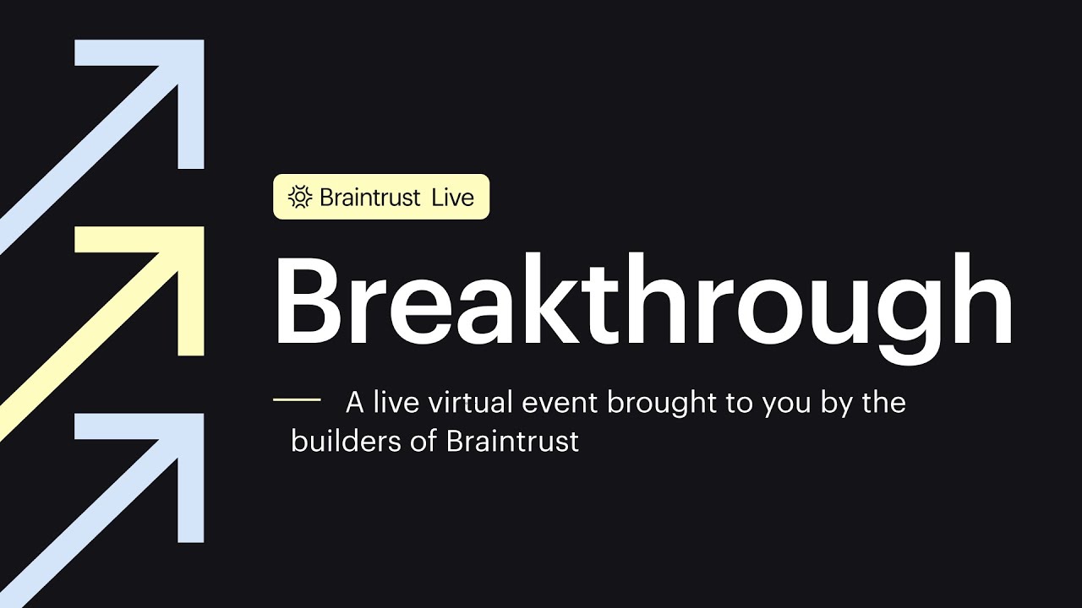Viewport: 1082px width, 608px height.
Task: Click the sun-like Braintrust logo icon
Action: (x=300, y=197)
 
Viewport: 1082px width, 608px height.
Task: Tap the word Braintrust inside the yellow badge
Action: (x=370, y=198)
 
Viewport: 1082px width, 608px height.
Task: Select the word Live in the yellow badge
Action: (x=453, y=198)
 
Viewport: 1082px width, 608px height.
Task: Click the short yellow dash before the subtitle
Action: (x=297, y=399)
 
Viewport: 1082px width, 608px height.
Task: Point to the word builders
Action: (x=346, y=441)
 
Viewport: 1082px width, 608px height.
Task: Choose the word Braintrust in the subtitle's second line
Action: (x=512, y=441)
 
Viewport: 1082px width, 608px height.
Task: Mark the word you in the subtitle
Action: (x=786, y=406)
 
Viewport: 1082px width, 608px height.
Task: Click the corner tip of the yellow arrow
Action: (x=204, y=227)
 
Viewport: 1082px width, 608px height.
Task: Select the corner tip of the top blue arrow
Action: (x=204, y=40)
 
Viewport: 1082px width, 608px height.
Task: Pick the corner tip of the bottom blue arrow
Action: (x=204, y=414)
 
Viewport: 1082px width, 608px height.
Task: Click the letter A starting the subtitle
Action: (x=354, y=403)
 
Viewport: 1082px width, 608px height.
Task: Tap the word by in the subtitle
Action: (x=837, y=404)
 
